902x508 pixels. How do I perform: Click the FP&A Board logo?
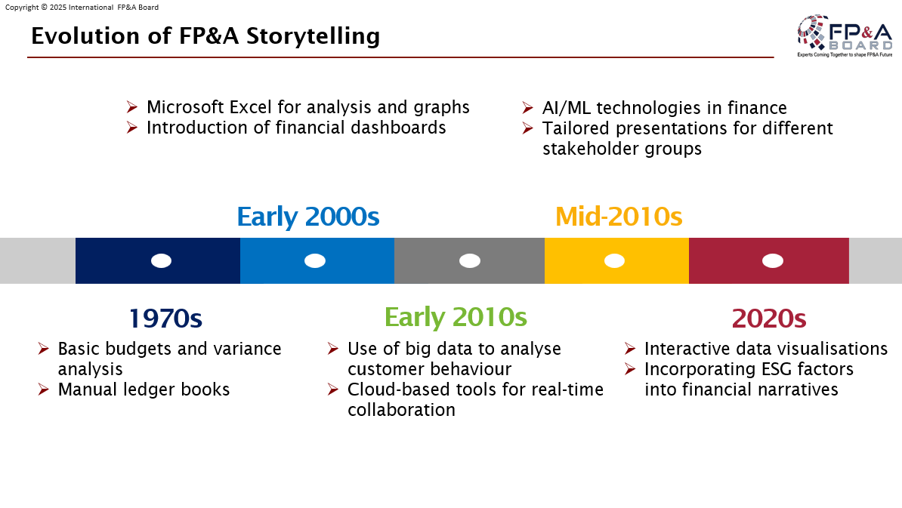point(845,35)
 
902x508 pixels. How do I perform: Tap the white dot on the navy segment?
point(161,261)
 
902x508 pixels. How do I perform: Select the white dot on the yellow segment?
point(614,261)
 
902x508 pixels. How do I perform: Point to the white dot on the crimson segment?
point(773,261)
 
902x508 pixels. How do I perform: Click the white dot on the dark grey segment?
point(469,261)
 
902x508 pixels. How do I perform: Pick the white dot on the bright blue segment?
point(315,261)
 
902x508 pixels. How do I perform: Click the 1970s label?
point(165,319)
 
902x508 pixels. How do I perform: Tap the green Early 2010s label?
point(456,317)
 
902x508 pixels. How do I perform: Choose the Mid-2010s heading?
point(619,217)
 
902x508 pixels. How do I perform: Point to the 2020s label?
point(769,319)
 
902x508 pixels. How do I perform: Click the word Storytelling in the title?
point(313,36)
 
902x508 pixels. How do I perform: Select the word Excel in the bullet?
point(250,107)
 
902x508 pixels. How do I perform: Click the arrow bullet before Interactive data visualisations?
point(630,349)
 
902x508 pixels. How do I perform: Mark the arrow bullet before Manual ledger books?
point(43,389)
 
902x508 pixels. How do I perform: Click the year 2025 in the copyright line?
point(58,8)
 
